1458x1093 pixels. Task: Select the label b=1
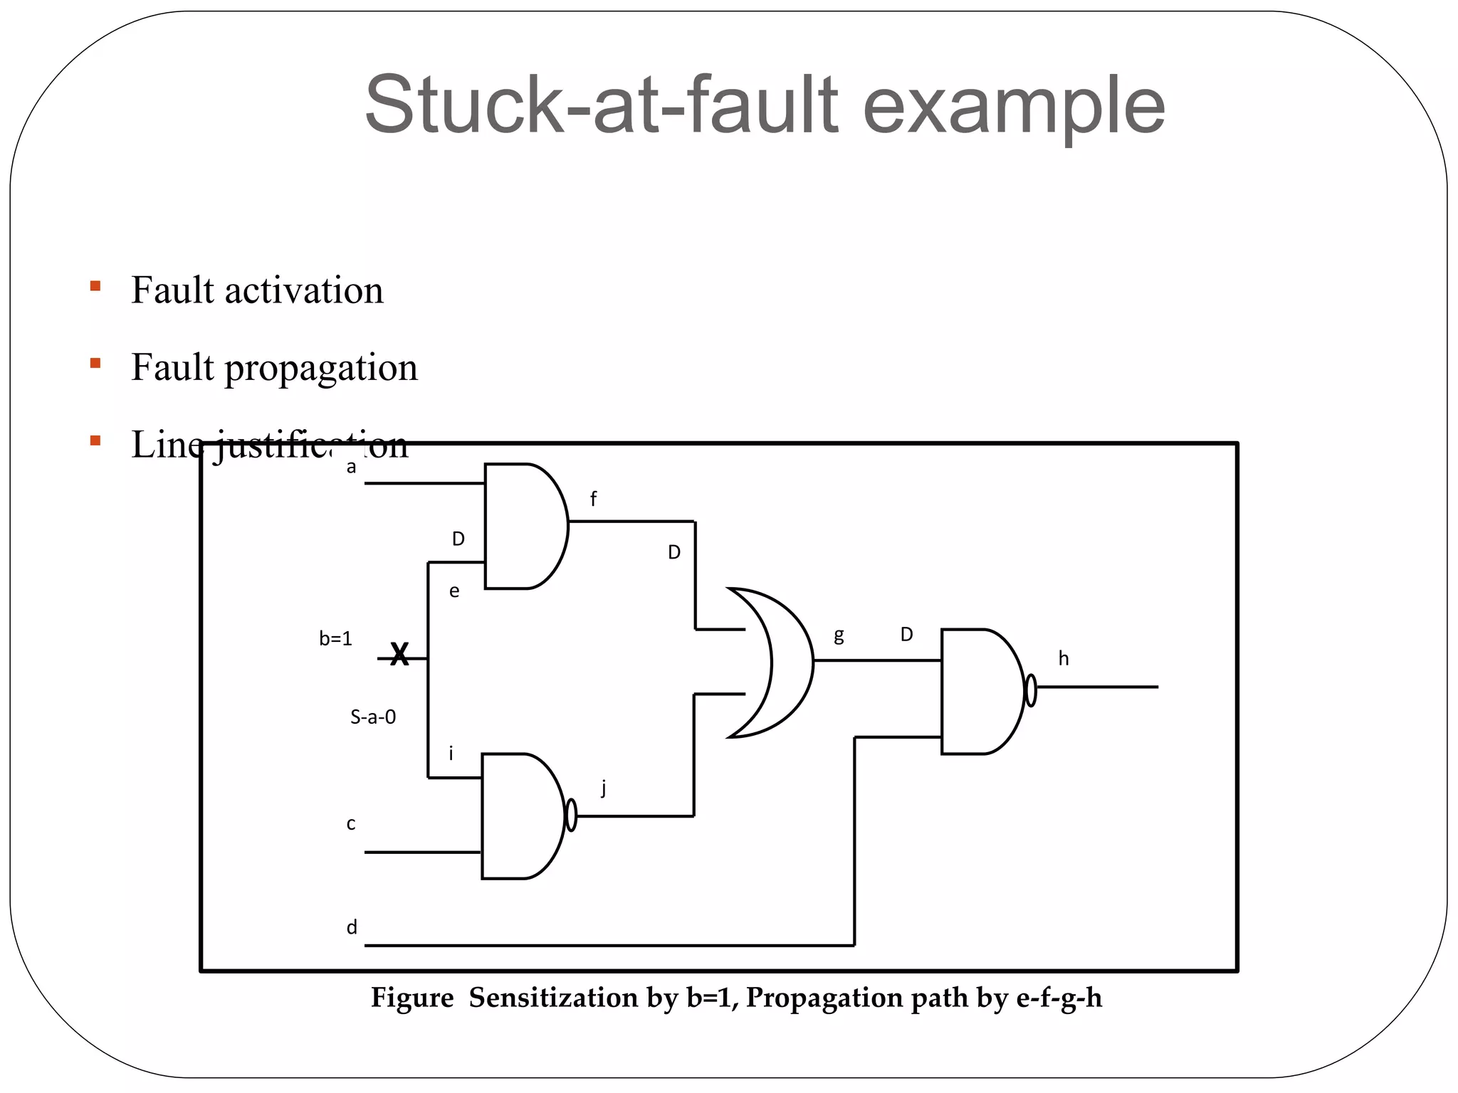tap(335, 639)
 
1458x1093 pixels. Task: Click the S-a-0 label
tap(373, 717)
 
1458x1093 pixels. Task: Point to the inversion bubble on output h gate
tap(1030, 690)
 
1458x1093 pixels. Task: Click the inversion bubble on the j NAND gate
tap(570, 815)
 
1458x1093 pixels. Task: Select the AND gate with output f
tap(523, 526)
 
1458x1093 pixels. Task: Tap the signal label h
tap(1063, 659)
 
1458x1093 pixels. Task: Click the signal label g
tap(839, 635)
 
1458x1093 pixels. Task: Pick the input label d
tap(352, 927)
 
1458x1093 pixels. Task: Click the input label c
tap(351, 824)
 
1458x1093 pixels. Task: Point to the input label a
tap(351, 468)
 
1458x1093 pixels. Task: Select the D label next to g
tap(906, 634)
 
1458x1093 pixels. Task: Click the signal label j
tap(604, 787)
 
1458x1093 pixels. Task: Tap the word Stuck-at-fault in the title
tap(602, 105)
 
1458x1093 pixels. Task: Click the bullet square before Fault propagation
tap(95, 364)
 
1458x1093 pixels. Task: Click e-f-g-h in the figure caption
tap(1059, 998)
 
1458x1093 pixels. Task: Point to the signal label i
tap(451, 754)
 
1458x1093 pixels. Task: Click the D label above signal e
tap(458, 539)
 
